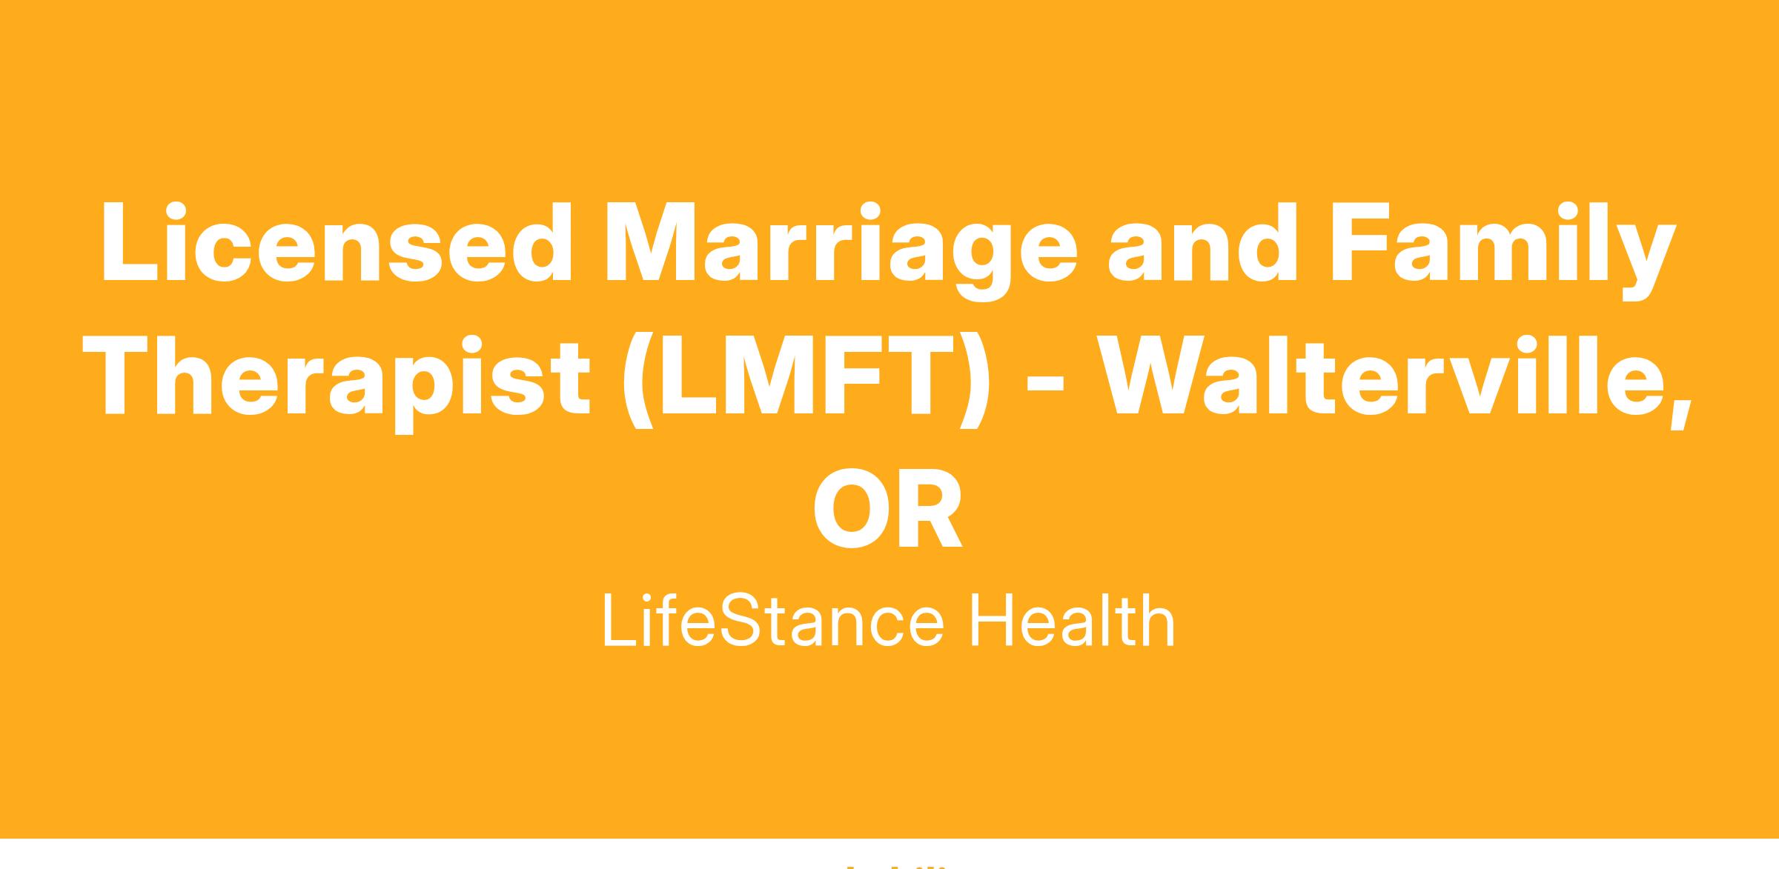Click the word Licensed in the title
337,242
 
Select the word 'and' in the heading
1202,242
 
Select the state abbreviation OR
888,507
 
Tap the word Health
1073,621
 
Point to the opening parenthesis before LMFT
638,381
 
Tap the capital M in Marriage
652,242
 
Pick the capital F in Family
1361,242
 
